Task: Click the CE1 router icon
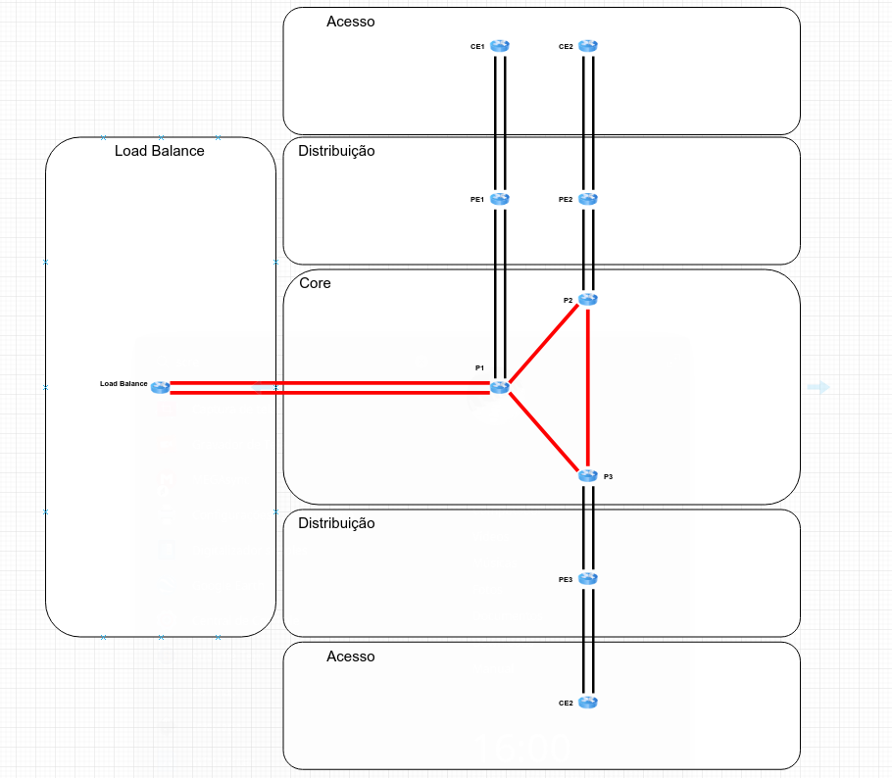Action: point(500,45)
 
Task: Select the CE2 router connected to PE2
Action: point(587,45)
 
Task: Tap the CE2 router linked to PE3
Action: point(587,702)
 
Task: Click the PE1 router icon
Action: point(500,198)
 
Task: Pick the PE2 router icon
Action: point(587,198)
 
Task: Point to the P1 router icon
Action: point(500,387)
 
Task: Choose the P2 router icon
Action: point(587,300)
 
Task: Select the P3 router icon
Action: point(587,475)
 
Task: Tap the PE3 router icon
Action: point(587,579)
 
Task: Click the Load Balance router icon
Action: point(161,387)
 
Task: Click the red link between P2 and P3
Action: point(587,387)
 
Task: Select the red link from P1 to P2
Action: point(544,343)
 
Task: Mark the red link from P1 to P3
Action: point(544,431)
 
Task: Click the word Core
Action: point(315,283)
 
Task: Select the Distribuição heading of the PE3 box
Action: point(336,523)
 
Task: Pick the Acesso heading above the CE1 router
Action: point(351,21)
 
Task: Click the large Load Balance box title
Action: point(160,151)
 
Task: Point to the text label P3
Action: point(609,476)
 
